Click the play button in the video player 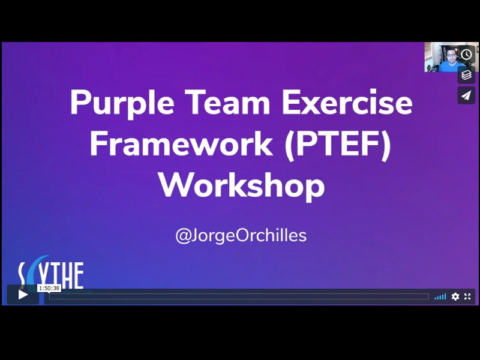[x=23, y=295]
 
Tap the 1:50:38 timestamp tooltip [x=49, y=288]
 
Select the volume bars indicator [x=440, y=296]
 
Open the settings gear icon [x=455, y=296]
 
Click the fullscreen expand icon [x=467, y=296]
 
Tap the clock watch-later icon [x=466, y=55]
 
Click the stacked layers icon [x=466, y=75]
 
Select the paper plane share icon [x=466, y=95]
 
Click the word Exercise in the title [x=347, y=103]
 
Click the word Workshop [x=241, y=185]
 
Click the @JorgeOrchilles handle [x=241, y=235]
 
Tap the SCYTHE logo [x=51, y=276]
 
